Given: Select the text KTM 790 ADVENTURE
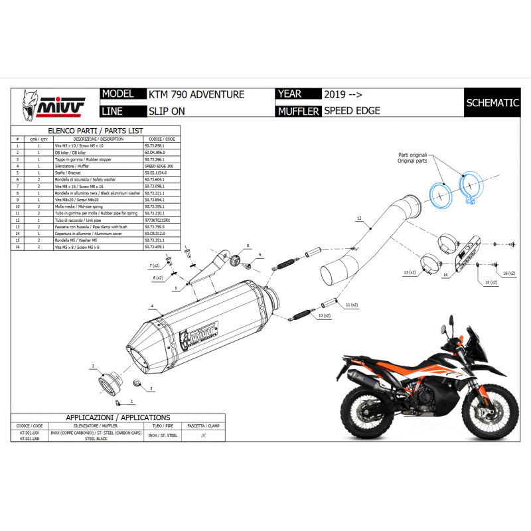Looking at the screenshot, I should tap(197, 95).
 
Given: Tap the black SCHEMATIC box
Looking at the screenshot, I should tap(492, 103).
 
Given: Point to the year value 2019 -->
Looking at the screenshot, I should tap(342, 95).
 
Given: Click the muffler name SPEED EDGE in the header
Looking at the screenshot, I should tap(352, 111).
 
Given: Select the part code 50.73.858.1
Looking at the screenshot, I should tap(159, 145).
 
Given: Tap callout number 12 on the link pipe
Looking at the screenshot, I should tap(358, 218).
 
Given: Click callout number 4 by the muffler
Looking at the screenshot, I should tap(152, 306).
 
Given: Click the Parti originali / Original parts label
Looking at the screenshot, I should tap(412, 157).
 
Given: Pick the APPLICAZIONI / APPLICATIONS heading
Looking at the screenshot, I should tap(117, 417).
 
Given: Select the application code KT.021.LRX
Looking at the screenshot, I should tap(29, 433).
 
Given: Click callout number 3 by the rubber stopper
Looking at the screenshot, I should tap(151, 388).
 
